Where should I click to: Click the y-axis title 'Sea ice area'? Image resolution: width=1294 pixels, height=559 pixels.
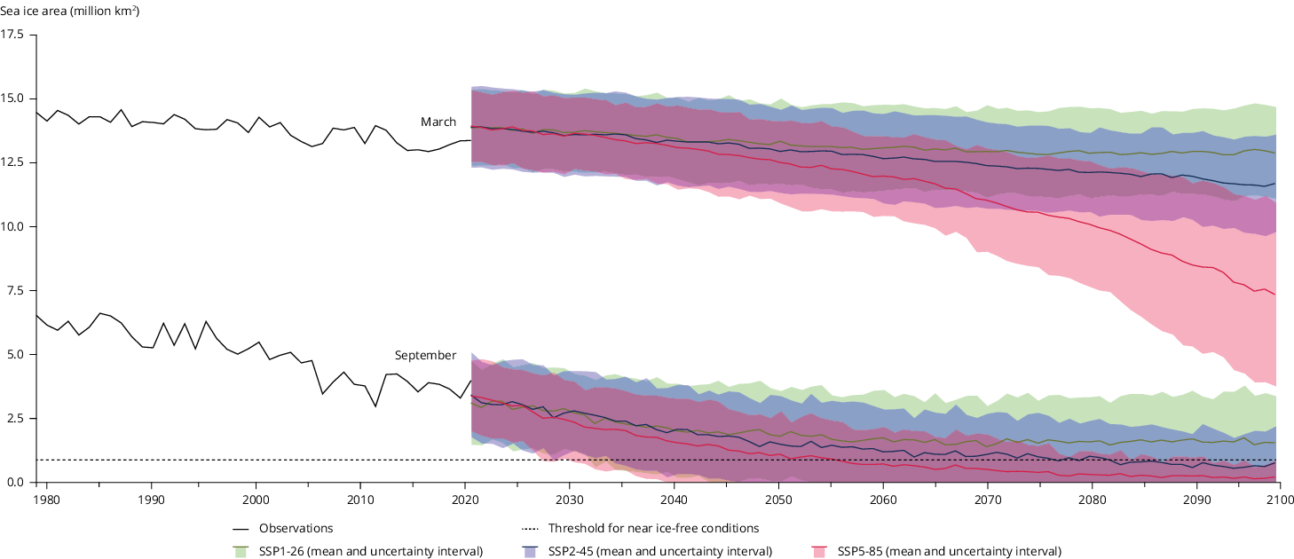coord(70,12)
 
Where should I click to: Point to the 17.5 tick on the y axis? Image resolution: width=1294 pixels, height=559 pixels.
coord(14,35)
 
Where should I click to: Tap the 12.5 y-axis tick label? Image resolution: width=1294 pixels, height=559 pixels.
coord(14,162)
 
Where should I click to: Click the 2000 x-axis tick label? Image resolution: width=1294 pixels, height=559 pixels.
coord(256,500)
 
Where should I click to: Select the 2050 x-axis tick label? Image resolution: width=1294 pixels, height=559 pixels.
coord(778,500)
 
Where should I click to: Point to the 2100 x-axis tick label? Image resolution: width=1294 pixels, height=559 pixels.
coord(1279,500)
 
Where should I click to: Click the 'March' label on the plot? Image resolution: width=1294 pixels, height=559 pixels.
coord(438,122)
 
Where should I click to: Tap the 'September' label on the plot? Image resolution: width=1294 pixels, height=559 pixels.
coord(425,356)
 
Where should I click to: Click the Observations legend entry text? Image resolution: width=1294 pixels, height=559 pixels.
coord(296,529)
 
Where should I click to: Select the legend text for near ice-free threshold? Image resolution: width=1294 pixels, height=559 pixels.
coord(653,529)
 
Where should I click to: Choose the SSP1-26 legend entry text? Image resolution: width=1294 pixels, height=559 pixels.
coord(370,552)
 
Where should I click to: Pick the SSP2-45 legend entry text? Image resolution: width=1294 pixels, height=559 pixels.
coord(659,552)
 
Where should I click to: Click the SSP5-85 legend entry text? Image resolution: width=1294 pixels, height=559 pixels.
coord(949,552)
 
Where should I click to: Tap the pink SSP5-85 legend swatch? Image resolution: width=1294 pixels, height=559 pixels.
coord(820,552)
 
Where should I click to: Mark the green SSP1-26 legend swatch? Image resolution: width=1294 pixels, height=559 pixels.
coord(241,552)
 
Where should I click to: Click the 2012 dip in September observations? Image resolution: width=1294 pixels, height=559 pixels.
coord(375,406)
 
